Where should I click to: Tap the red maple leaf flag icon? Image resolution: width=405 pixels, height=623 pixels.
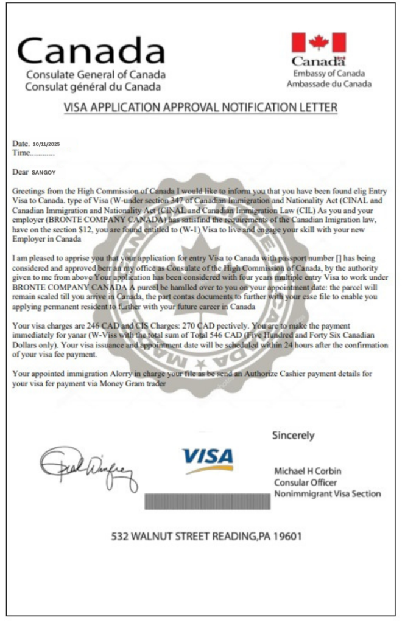(x=318, y=43)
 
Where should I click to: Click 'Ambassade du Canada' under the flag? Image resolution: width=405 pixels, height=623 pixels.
(x=329, y=84)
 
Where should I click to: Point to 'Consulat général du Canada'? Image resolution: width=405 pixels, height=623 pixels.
(x=93, y=86)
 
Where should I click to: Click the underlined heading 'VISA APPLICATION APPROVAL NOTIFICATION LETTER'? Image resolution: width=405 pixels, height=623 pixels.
(x=201, y=108)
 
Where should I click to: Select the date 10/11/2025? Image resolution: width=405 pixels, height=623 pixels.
(x=46, y=144)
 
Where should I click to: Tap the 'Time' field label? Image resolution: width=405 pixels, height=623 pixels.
(x=21, y=153)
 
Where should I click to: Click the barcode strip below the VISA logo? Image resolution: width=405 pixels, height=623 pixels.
(x=207, y=501)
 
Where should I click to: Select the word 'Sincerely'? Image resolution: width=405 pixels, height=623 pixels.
(x=294, y=435)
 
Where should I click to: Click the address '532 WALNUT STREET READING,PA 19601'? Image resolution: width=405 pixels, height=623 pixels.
(x=206, y=537)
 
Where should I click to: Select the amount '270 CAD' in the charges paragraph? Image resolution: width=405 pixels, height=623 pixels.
(x=181, y=326)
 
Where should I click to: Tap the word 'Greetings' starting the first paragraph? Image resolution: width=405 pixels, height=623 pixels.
(x=28, y=191)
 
